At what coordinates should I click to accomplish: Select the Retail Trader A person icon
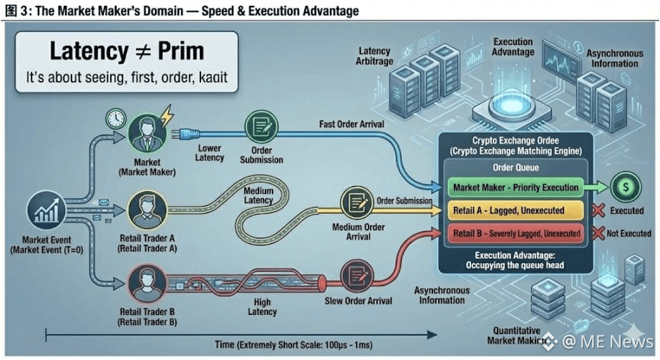pyautogui.click(x=147, y=213)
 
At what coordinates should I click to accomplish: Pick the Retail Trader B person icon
pyautogui.click(x=147, y=282)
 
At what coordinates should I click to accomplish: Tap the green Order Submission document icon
pyautogui.click(x=258, y=127)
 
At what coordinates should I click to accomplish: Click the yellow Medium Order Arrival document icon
pyautogui.click(x=356, y=203)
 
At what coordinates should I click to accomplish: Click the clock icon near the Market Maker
pyautogui.click(x=115, y=119)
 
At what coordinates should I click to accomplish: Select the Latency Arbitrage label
pyautogui.click(x=374, y=56)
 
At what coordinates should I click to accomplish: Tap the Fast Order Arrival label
pyautogui.click(x=352, y=125)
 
